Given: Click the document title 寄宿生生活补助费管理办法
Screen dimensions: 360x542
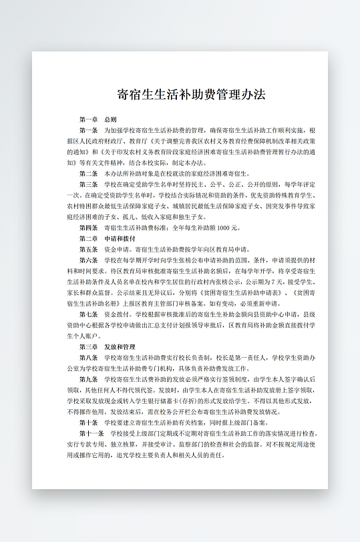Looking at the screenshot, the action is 191,94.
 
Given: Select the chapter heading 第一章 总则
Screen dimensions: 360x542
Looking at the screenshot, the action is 98,119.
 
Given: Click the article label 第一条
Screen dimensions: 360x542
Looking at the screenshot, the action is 88,129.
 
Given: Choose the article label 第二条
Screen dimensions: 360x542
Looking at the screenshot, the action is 88,173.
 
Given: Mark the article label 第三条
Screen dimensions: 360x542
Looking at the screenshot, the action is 88,184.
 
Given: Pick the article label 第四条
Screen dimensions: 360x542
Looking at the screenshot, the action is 88,228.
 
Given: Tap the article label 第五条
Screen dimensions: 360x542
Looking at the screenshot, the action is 88,249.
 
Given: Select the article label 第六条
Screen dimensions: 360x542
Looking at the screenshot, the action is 88,260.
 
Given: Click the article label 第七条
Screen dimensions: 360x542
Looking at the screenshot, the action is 88,314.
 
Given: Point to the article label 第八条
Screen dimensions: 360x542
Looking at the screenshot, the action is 88,358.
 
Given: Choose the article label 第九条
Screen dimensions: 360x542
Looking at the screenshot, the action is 88,379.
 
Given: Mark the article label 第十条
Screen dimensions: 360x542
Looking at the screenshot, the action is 88,423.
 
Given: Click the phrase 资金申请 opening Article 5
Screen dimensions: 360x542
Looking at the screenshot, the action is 115,249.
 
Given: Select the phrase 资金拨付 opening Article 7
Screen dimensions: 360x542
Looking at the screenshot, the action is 115,314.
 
